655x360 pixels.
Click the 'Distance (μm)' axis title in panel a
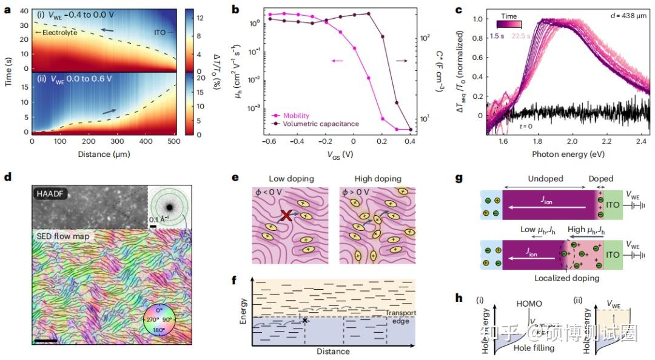[x=103, y=154]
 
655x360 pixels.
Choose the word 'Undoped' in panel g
[x=546, y=179]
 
